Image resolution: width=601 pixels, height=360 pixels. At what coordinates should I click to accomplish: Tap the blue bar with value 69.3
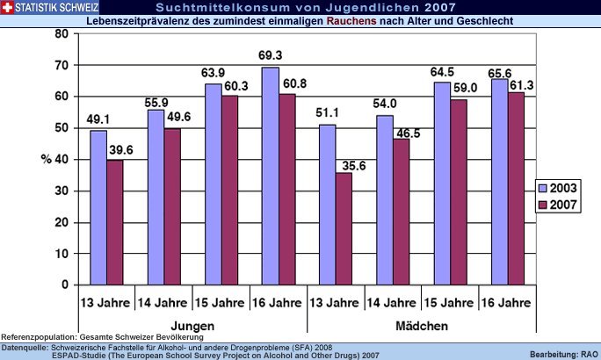pyautogui.click(x=270, y=176)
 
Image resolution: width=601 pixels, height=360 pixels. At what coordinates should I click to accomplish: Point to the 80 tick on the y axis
pyautogui.click(x=61, y=34)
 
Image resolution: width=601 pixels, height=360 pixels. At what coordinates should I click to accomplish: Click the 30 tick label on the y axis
pyautogui.click(x=61, y=191)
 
